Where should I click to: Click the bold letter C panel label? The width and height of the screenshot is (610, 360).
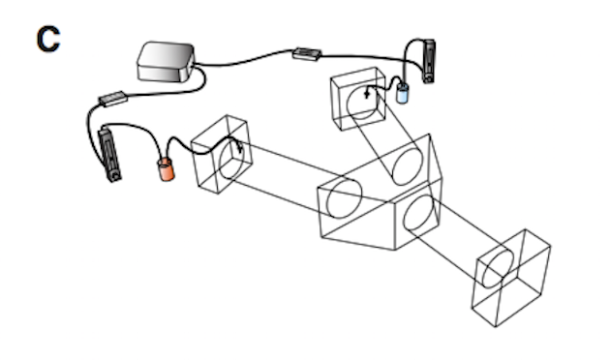click(48, 39)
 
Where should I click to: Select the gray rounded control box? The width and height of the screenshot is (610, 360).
click(166, 62)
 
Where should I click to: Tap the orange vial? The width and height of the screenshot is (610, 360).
click(167, 169)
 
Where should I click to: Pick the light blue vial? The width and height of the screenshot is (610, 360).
click(402, 93)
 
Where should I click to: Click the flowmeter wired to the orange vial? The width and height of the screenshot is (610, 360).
click(109, 154)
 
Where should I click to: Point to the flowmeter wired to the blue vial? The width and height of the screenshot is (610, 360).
click(429, 61)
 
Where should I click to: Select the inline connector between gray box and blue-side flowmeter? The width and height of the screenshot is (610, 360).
click(307, 54)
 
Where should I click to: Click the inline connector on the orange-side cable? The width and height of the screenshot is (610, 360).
click(113, 99)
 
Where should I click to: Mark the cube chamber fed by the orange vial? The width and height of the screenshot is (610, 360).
click(221, 154)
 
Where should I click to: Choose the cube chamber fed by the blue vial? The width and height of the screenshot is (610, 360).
click(358, 99)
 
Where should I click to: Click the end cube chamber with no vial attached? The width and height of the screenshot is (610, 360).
click(511, 278)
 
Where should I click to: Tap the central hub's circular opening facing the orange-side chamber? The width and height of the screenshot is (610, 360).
click(344, 197)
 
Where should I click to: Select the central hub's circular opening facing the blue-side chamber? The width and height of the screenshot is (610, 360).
click(408, 166)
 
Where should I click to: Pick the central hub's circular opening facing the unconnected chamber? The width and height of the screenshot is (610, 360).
click(418, 214)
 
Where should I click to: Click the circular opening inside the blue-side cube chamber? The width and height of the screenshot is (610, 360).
click(362, 103)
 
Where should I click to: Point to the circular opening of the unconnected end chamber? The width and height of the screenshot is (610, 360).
click(498, 269)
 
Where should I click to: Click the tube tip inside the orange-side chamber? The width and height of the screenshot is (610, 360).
click(239, 147)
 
